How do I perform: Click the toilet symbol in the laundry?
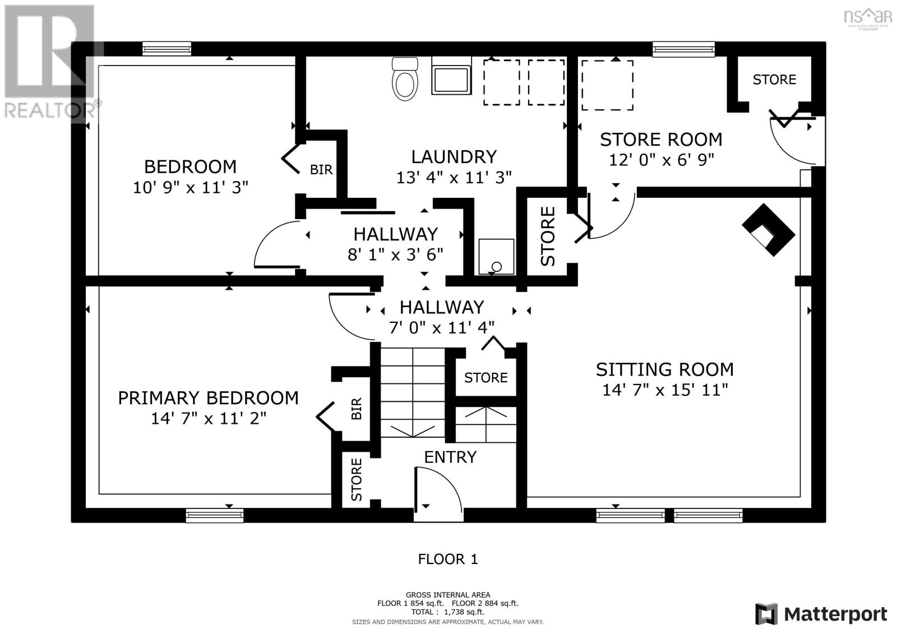click(x=405, y=80)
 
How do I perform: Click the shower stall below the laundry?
click(x=496, y=257)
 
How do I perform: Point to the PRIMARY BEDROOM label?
click(x=208, y=398)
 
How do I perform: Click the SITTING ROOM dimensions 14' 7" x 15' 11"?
click(x=665, y=390)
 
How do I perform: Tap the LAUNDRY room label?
click(x=454, y=156)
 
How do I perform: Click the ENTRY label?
click(x=450, y=457)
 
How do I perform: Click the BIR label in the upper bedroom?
click(x=321, y=169)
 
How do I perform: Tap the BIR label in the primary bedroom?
click(x=357, y=409)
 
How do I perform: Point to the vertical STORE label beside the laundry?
click(x=548, y=236)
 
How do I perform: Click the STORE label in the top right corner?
click(x=774, y=80)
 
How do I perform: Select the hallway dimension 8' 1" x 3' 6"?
click(x=395, y=254)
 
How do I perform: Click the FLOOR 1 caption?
click(x=448, y=559)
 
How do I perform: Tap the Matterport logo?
click(x=821, y=614)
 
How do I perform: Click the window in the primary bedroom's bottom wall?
click(x=215, y=515)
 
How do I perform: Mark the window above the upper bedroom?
click(x=167, y=49)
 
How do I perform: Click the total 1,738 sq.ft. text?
click(x=448, y=612)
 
